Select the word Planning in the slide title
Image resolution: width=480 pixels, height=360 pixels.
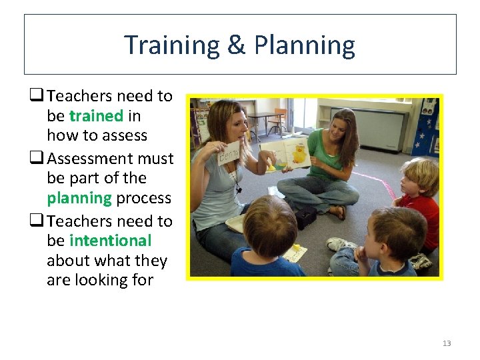click(304, 45)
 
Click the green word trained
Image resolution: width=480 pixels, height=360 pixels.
click(96, 116)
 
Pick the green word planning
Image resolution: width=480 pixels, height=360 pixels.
click(79, 199)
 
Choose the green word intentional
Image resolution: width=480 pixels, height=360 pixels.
click(110, 241)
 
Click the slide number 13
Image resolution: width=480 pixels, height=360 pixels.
click(446, 343)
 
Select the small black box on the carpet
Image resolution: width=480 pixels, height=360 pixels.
click(306, 215)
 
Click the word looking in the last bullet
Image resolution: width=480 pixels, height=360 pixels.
click(99, 281)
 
